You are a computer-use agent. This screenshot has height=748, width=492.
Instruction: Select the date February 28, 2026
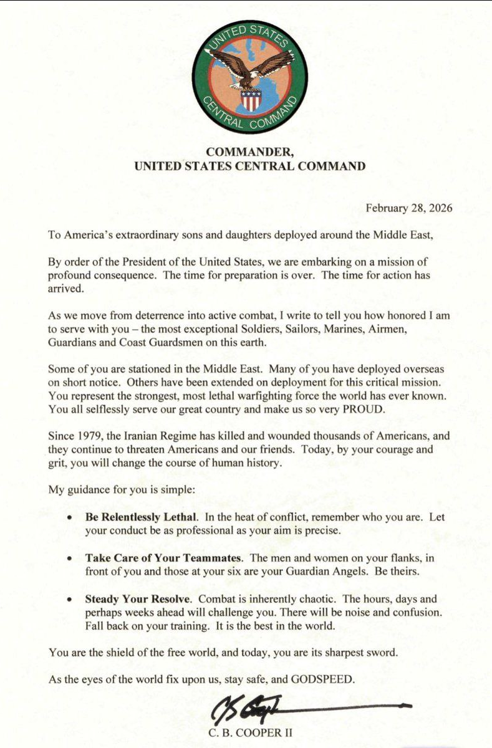coord(409,208)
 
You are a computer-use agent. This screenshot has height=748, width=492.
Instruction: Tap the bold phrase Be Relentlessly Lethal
coord(142,517)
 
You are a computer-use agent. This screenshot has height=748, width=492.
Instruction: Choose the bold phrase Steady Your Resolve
coord(138,599)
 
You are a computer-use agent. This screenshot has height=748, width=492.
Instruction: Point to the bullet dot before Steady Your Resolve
coord(69,600)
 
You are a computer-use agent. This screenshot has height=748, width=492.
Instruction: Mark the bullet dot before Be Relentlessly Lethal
coord(69,518)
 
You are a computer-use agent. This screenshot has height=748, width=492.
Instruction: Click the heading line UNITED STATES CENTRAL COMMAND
coord(250,166)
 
